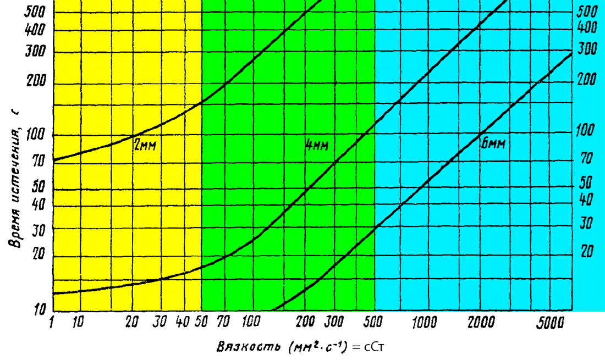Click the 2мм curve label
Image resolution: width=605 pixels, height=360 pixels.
pos(145,145)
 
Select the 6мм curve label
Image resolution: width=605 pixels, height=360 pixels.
pos(492,144)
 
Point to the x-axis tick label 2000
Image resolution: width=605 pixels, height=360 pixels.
pos(480,323)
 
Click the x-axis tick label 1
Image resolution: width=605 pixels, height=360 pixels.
pos(53,323)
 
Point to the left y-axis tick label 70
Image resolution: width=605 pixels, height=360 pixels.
pos(38,163)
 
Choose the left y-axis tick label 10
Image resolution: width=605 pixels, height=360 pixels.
pos(37,311)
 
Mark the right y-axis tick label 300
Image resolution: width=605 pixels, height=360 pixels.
pos(587,48)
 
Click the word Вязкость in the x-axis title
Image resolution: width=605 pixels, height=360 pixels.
pos(243,347)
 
